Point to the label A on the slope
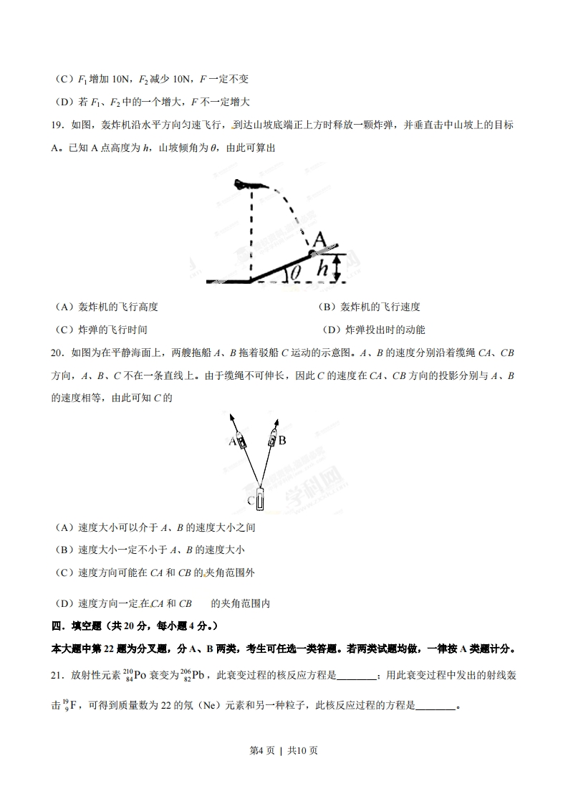(x=320, y=239)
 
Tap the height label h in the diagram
(x=323, y=269)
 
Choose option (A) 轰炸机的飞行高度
(x=106, y=307)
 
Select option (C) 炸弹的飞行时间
(x=101, y=330)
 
